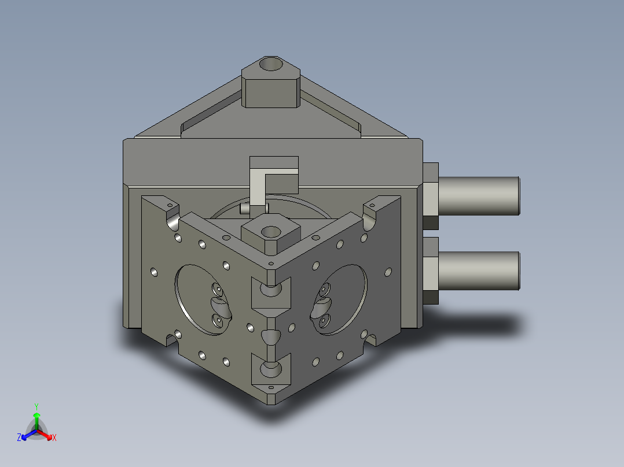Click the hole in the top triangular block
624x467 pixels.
270,63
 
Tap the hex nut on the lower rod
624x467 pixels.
431,270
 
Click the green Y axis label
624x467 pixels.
36,406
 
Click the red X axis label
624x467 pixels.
54,438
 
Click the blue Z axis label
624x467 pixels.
19,438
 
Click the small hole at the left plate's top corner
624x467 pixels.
170,205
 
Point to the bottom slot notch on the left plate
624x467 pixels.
171,338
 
